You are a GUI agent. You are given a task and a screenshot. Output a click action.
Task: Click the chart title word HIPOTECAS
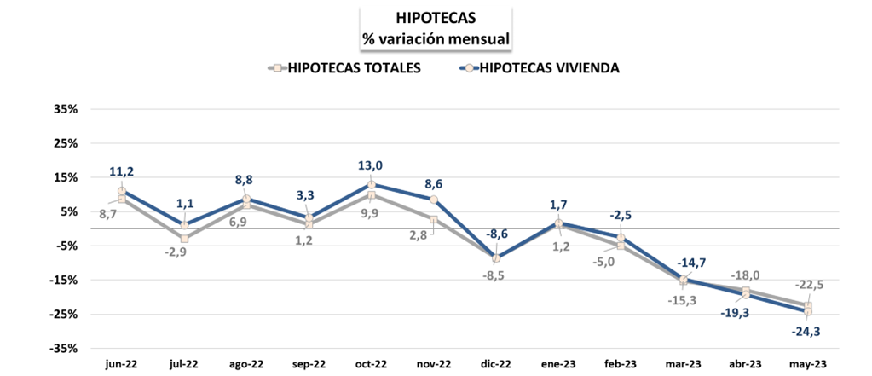click(436, 17)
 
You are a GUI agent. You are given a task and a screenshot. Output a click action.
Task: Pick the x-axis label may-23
click(807, 363)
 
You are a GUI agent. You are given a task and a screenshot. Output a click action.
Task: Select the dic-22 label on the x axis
click(495, 363)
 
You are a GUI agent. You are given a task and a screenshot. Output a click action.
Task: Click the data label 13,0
click(372, 166)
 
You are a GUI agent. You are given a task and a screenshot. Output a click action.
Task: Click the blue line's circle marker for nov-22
click(434, 200)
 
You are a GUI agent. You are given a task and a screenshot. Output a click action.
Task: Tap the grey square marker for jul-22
click(184, 239)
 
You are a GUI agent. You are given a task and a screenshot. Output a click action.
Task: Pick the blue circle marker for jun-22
click(123, 191)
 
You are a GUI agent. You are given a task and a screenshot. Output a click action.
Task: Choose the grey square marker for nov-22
click(434, 219)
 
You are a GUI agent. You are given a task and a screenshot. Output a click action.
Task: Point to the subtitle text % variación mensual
click(436, 38)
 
